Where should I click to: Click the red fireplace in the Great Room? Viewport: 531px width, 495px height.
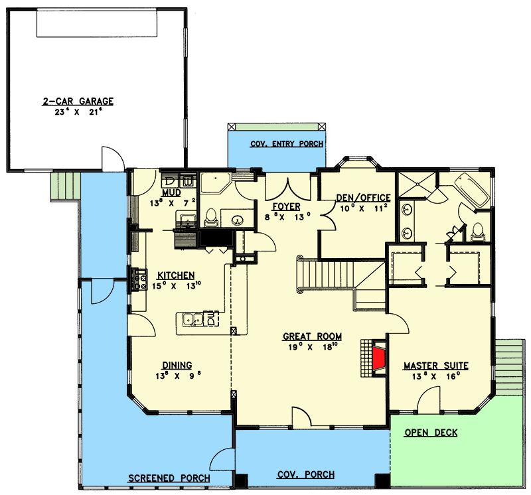coord(378,359)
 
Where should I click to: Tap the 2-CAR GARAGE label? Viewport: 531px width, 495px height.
coord(78,102)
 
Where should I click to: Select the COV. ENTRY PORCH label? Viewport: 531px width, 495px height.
coord(287,144)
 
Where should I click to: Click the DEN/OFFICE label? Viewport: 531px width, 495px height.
coord(363,198)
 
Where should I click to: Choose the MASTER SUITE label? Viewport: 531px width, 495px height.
coord(436,366)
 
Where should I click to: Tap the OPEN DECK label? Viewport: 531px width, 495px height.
coord(431,433)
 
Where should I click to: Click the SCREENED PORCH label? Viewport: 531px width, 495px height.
coord(169,478)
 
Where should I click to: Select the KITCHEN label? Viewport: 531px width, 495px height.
coord(175,275)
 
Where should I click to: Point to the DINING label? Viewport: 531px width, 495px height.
coord(177,364)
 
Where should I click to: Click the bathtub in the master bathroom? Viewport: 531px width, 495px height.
coord(473,186)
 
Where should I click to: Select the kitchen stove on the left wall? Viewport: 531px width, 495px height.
coord(140,279)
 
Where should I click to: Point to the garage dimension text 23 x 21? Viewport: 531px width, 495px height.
coord(78,112)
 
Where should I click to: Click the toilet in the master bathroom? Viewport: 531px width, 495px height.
coord(477,232)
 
